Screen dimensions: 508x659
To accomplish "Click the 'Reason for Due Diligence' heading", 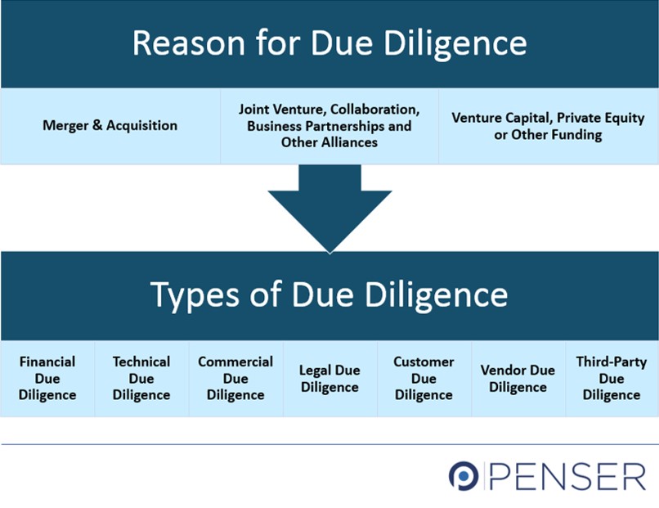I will [x=329, y=43].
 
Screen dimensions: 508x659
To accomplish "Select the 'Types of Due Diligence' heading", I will [x=329, y=294].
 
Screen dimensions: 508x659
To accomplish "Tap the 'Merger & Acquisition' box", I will [x=110, y=126].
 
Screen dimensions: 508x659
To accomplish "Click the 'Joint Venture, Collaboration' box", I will [x=329, y=126].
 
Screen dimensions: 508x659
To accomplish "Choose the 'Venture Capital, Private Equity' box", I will [x=548, y=126].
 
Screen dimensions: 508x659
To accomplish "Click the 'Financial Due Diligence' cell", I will [x=47, y=378].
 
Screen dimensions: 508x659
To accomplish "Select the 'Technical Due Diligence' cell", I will [x=141, y=378].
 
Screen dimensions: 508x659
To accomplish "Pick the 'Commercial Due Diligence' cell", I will [x=235, y=378].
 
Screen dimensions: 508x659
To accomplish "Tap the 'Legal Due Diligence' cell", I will [x=329, y=378].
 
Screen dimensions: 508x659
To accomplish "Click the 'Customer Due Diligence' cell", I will [x=424, y=378].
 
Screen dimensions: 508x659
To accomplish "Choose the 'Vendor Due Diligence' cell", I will [x=518, y=378].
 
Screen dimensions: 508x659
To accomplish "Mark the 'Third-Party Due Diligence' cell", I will [x=612, y=378].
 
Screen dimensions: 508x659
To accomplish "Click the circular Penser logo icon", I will [x=463, y=476].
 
